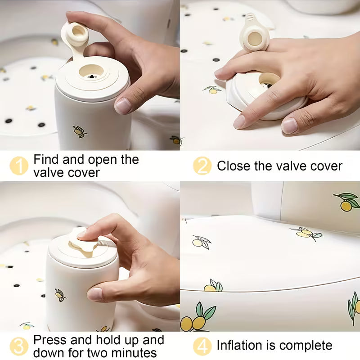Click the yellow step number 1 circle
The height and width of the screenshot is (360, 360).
pos(19,166)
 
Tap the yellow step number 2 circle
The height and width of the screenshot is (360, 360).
pos(202,166)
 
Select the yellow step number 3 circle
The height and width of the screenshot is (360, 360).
pos(19,346)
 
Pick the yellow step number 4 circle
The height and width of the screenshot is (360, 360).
pos(202,346)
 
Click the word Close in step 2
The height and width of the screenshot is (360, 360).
pos(234,166)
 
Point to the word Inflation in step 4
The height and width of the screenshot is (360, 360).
pos(240,345)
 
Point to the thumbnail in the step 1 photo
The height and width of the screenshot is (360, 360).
pos(123,105)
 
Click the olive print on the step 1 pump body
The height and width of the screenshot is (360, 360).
pos(80,131)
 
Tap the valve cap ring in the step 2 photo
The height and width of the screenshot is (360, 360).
pos(255,38)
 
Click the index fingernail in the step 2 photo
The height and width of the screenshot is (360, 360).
pos(239,121)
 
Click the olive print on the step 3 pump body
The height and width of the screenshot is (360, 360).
pos(60,295)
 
